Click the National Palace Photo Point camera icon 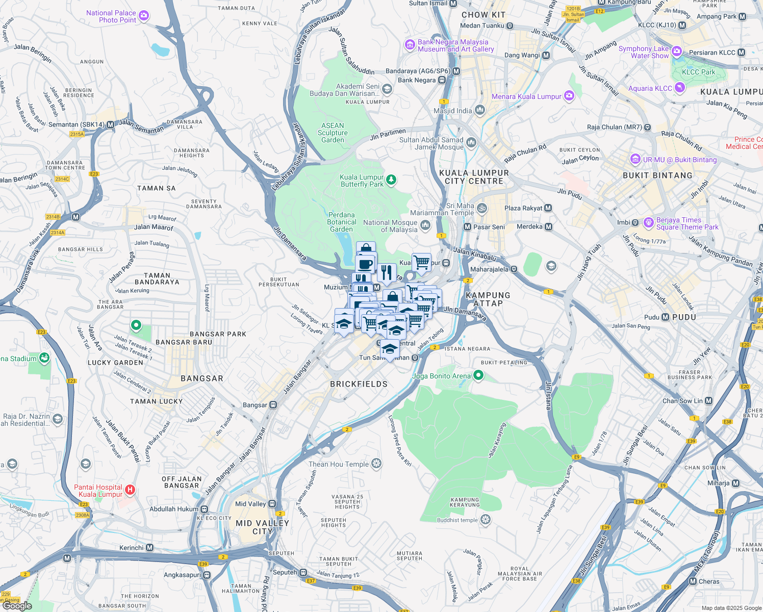(x=144, y=16)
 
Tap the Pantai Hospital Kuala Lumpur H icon (x=130, y=490)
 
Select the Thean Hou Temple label (x=338, y=464)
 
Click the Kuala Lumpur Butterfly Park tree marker (x=391, y=180)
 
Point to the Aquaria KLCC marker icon (x=679, y=88)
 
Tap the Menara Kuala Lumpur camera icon (x=569, y=96)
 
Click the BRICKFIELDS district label (x=359, y=384)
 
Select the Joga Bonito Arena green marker (x=478, y=376)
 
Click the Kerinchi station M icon (x=149, y=548)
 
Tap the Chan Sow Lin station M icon (x=708, y=401)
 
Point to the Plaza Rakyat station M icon (x=548, y=208)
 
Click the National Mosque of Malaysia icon (x=425, y=225)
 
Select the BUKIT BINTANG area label (x=657, y=175)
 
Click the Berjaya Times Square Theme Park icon (x=649, y=222)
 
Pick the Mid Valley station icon (x=272, y=504)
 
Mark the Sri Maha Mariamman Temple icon (x=481, y=208)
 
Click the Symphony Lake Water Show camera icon (x=676, y=51)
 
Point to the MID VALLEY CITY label (x=262, y=527)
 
